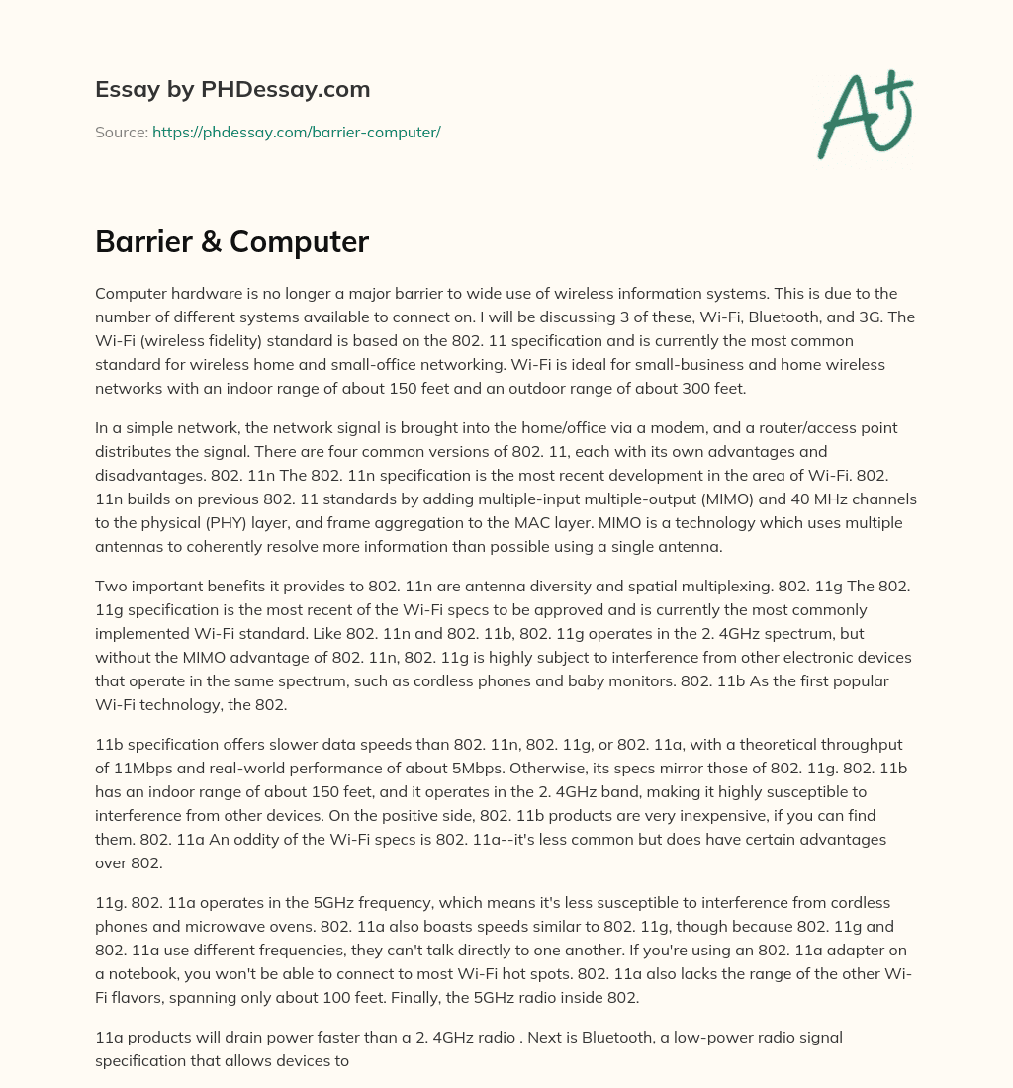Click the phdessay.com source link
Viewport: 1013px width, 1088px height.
coord(296,132)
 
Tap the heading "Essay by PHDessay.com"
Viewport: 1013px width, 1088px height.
coord(232,89)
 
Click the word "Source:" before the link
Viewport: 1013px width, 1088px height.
coord(122,132)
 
